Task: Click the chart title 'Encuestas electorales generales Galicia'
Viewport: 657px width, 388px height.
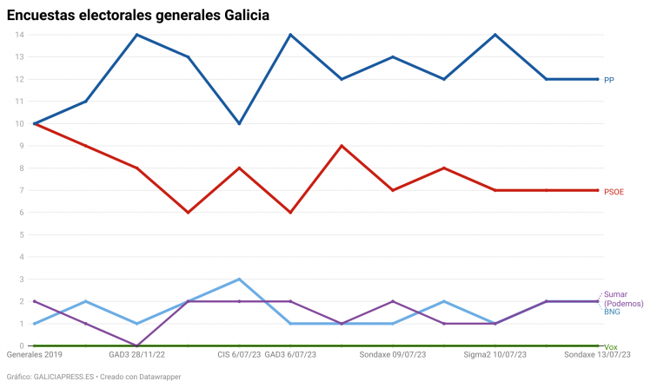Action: (x=137, y=16)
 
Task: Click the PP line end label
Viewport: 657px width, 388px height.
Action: (x=609, y=80)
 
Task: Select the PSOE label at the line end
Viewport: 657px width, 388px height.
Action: (x=614, y=191)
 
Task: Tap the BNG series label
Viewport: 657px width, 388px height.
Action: (x=612, y=311)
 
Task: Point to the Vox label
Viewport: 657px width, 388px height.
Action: (x=611, y=346)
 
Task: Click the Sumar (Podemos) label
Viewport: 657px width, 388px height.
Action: (x=621, y=298)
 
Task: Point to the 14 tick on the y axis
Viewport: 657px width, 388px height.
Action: (x=19, y=35)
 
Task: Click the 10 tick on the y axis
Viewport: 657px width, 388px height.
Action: (x=19, y=123)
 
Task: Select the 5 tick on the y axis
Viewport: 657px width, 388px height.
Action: (x=21, y=235)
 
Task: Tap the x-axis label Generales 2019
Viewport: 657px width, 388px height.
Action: (x=35, y=355)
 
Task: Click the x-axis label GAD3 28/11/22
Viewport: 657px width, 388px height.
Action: (x=136, y=355)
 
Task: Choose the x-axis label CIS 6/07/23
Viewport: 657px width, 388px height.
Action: (x=239, y=355)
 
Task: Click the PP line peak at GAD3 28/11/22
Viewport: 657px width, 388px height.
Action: (x=137, y=35)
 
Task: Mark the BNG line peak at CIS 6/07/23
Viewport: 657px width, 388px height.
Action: (x=239, y=279)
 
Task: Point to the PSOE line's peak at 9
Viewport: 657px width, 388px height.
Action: (x=342, y=146)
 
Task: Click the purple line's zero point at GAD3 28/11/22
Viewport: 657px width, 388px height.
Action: (x=137, y=345)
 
